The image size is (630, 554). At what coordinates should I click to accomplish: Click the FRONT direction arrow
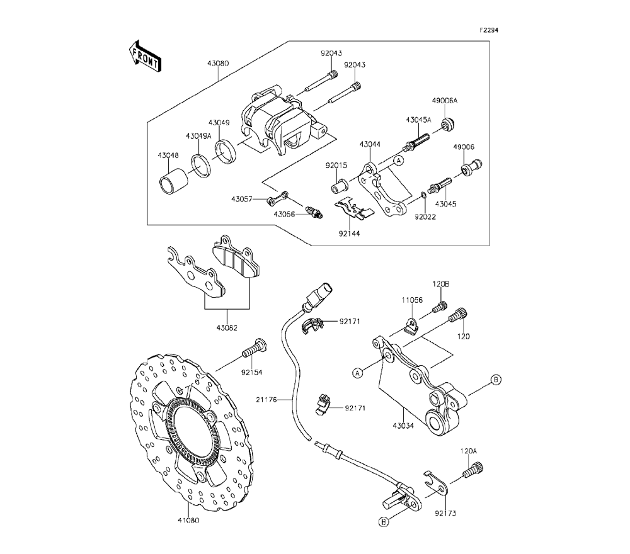(x=145, y=56)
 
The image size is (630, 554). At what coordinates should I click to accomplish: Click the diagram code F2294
(x=489, y=30)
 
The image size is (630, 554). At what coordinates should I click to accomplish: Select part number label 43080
(x=218, y=64)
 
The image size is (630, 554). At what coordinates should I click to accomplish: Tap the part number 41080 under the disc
(x=188, y=520)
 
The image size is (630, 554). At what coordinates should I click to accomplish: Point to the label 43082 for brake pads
(x=227, y=327)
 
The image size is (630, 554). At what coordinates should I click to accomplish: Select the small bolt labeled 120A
(x=474, y=470)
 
